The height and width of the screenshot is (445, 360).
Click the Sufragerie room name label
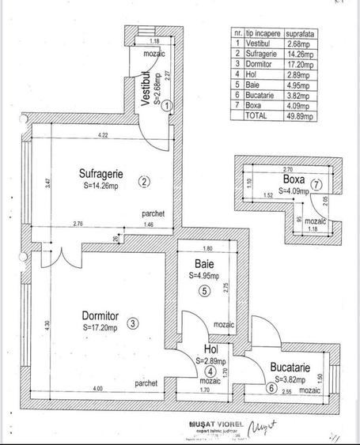pos(100,173)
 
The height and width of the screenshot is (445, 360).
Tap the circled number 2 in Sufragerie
pos(143,182)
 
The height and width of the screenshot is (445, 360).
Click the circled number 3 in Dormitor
pos(133,322)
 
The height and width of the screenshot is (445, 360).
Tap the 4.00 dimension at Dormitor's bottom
pos(97,388)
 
